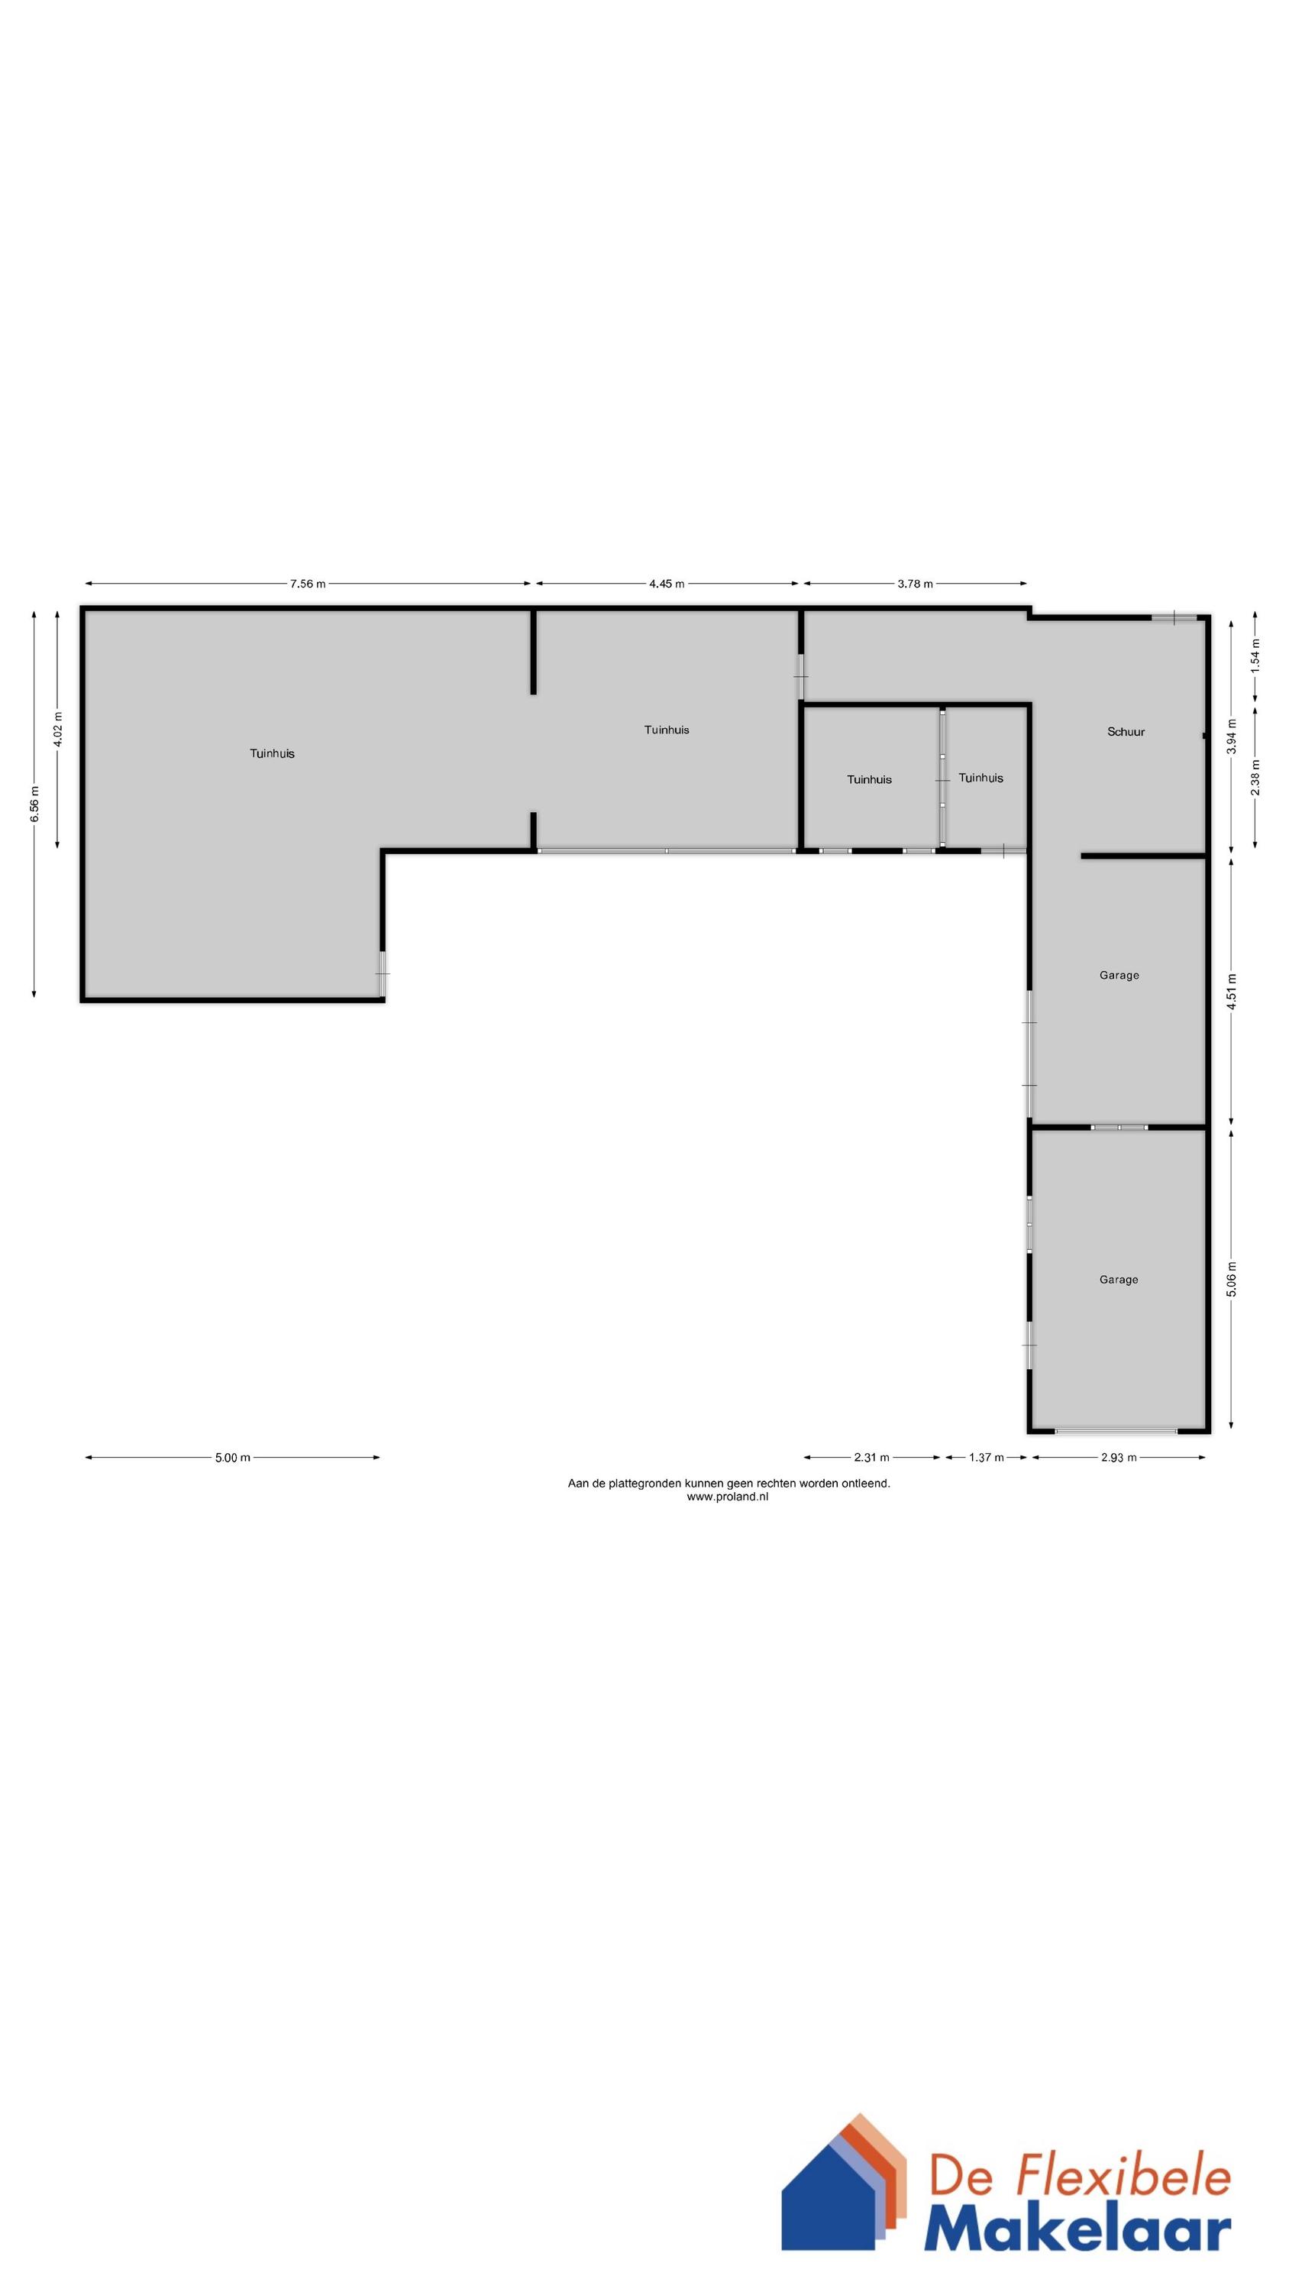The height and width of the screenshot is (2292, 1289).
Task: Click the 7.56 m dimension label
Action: coord(307,584)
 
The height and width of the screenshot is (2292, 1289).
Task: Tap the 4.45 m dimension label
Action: coord(667,584)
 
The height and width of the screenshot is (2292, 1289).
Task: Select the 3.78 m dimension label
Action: coord(915,584)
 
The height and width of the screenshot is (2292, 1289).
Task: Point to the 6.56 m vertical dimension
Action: coord(34,804)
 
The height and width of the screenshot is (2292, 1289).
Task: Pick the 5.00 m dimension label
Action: coord(232,1458)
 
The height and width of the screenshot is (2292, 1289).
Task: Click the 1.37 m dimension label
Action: coord(986,1458)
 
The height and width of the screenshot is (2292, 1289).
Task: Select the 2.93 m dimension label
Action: coord(1118,1458)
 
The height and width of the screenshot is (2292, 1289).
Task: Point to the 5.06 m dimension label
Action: coord(1232,1280)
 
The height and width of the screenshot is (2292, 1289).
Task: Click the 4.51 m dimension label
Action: coord(1232,991)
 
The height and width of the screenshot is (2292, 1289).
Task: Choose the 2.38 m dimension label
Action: coord(1255,776)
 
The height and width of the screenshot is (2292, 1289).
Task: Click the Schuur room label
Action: coord(1126,732)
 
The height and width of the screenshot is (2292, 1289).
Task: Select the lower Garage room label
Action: coord(1118,1280)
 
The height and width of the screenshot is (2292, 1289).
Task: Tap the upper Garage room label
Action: coord(1118,975)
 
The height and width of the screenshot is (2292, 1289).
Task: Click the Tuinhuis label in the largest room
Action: coord(272,753)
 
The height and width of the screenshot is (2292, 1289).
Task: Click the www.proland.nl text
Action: coord(728,1497)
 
